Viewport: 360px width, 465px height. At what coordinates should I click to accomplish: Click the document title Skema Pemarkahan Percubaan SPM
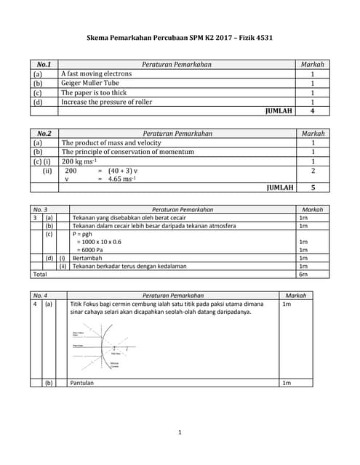pyautogui.click(x=180, y=38)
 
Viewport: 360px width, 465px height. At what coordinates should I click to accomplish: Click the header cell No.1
pyautogui.click(x=44, y=65)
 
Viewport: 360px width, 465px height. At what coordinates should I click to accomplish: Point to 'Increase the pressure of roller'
pyautogui.click(x=107, y=102)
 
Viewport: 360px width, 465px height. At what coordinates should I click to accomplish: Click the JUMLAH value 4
pyautogui.click(x=312, y=111)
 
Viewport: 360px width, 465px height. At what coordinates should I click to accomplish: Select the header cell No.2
pyautogui.click(x=44, y=134)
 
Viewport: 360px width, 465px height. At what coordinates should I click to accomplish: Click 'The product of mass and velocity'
pyautogui.click(x=111, y=143)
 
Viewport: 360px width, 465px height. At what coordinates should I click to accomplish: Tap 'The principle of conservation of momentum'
pyautogui.click(x=127, y=152)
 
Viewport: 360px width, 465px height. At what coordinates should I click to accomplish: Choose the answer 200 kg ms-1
pyautogui.click(x=79, y=161)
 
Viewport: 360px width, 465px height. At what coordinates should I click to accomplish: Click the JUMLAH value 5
pyautogui.click(x=312, y=187)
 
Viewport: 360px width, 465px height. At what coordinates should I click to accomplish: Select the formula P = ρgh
pyautogui.click(x=81, y=235)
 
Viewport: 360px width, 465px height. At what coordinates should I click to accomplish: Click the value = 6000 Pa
pyautogui.click(x=92, y=250)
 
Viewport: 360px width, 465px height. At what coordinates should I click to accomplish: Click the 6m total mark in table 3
pyautogui.click(x=303, y=274)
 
